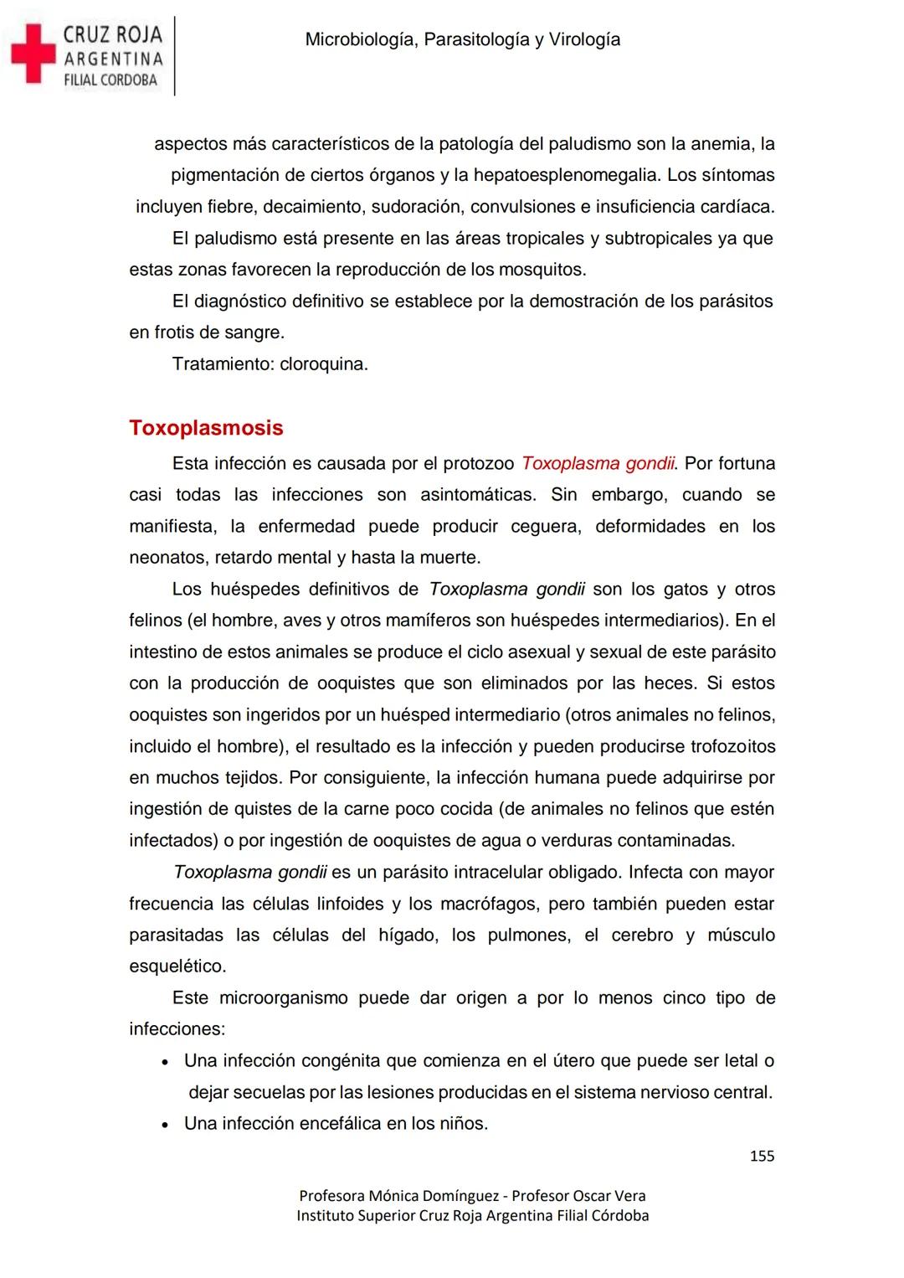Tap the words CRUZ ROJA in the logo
pos(113,34)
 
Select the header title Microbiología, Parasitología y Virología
pos(462,39)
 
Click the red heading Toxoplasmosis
pos(206,428)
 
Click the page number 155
pos(762,1156)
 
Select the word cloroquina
pos(323,364)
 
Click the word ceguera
pos(546,526)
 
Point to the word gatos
pos(685,589)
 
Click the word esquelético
pos(177,966)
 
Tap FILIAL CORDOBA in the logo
pos(111,80)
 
